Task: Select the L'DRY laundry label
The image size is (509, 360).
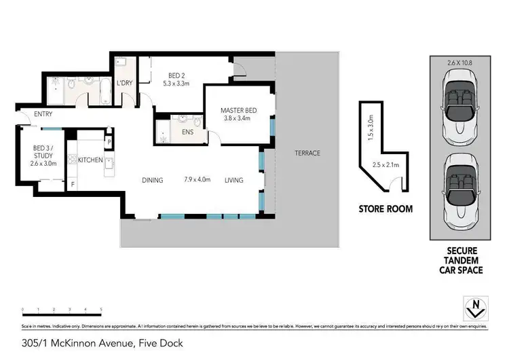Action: (124, 83)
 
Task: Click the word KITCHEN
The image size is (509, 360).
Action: (90, 160)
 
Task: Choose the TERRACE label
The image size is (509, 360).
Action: (307, 153)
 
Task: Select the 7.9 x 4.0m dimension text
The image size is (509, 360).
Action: (197, 180)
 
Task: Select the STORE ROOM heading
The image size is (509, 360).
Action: (385, 209)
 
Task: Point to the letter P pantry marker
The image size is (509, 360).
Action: (108, 142)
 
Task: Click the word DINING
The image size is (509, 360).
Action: (153, 180)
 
